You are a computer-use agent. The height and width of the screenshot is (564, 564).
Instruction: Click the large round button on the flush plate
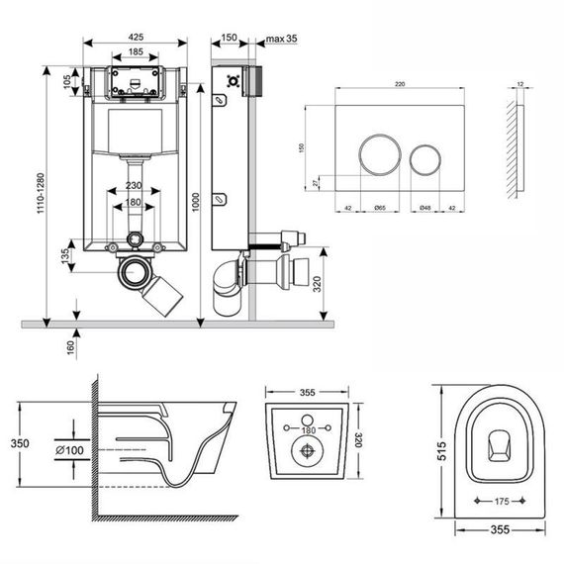click(375, 155)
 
